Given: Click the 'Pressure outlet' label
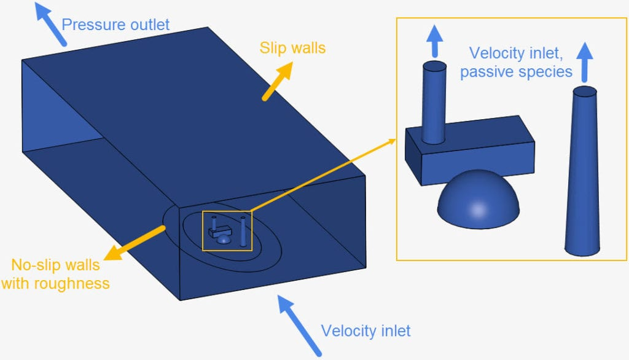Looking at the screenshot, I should [x=115, y=25].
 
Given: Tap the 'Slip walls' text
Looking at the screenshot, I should [x=292, y=47].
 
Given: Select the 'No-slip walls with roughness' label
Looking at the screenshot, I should [x=56, y=275].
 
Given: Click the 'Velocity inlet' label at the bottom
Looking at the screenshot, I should [x=365, y=331].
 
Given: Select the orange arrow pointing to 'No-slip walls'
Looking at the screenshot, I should [x=135, y=242].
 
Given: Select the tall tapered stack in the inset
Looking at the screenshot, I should [x=582, y=172].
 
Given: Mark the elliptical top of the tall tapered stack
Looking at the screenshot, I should [x=584, y=92].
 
